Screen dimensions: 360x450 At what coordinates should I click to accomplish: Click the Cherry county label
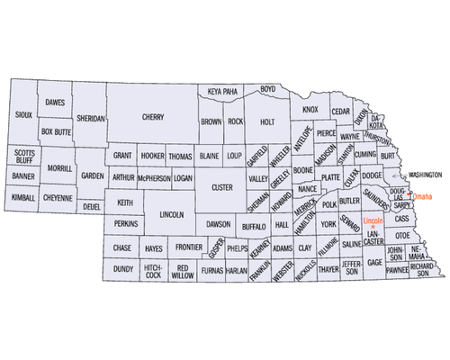(151, 117)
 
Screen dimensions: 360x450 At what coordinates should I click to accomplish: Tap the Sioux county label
(25, 114)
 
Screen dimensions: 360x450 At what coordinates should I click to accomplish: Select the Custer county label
(220, 187)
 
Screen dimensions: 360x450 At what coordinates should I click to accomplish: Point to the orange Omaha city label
(422, 196)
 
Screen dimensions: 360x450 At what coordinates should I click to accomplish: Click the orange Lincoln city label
(373, 220)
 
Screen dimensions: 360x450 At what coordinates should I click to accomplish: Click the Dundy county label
(122, 268)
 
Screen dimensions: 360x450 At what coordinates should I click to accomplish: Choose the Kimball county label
(22, 196)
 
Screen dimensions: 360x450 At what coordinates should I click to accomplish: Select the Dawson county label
(219, 222)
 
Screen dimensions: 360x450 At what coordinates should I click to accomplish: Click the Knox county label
(310, 110)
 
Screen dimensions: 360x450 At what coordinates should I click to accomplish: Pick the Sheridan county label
(91, 117)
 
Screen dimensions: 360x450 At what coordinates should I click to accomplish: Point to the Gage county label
(374, 262)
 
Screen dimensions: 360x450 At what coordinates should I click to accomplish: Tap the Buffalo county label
(254, 227)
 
